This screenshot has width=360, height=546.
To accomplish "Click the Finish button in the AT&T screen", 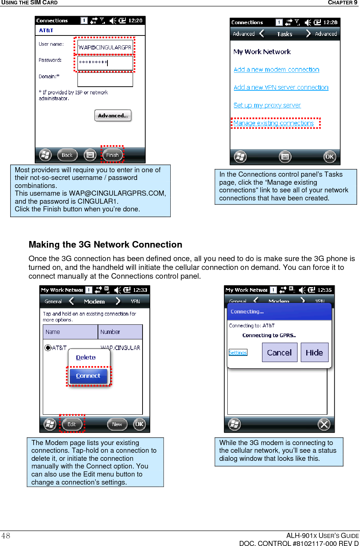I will (x=112, y=155).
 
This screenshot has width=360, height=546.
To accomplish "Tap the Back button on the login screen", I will (x=67, y=155).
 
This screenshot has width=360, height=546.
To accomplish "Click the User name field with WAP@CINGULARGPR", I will (x=105, y=47).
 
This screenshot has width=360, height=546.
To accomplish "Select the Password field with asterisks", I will (x=105, y=63).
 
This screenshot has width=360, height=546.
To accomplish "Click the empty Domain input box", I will (x=105, y=79).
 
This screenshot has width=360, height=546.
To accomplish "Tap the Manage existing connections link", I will (x=273, y=123).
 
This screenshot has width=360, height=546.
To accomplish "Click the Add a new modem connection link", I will (x=276, y=69).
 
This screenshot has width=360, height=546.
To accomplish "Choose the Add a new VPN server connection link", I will (x=281, y=87).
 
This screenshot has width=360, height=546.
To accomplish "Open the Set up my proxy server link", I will (x=267, y=105).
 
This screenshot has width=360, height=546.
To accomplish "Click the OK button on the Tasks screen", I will (x=329, y=157).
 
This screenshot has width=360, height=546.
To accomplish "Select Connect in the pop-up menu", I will (x=88, y=376).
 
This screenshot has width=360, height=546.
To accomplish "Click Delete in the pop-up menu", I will (x=86, y=358).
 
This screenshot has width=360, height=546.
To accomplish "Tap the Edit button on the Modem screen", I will (x=72, y=424).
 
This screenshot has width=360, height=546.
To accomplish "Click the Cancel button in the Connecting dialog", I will (x=279, y=353).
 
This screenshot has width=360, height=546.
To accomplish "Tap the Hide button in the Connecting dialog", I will (x=314, y=353).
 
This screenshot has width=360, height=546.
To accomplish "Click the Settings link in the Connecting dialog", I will (x=238, y=353).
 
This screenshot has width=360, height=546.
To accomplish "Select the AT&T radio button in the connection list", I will (x=48, y=348).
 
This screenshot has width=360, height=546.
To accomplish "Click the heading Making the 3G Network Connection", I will (x=105, y=245).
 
